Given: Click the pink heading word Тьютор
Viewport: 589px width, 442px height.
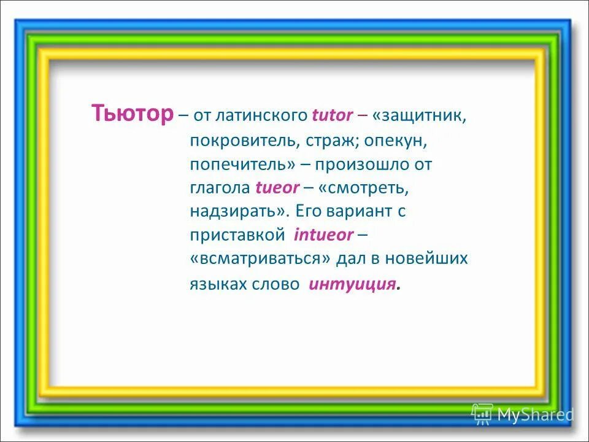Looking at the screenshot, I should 132,114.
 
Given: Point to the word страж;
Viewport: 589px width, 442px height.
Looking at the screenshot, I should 329,141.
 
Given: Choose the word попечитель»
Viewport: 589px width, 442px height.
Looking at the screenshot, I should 243,165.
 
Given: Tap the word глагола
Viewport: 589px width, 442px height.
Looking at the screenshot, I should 219,188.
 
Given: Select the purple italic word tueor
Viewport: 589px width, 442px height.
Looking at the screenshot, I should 277,188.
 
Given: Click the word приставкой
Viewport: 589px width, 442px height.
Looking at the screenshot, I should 238,235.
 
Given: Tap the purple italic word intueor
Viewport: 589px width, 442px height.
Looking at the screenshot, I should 323,235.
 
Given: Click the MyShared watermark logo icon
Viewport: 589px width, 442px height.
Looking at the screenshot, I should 483,415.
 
